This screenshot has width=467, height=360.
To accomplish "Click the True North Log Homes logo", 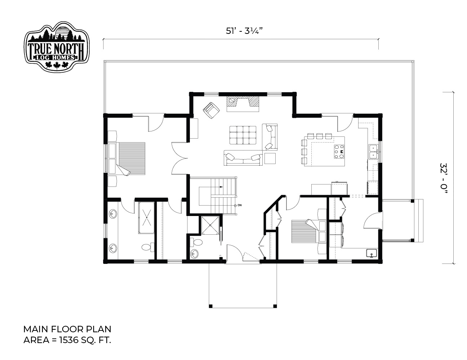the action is [57, 46].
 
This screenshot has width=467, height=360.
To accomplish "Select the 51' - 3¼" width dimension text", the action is [244, 31].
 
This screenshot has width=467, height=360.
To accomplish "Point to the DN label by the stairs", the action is [240, 205].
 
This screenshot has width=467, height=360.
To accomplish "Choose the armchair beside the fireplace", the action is [211, 110].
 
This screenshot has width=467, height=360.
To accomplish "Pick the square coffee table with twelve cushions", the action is [243, 135].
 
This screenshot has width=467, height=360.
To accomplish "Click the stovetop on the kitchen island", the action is [339, 152].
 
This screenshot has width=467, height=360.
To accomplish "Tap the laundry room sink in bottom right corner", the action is [372, 253].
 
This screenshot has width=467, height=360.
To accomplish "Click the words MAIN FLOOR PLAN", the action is [67, 329].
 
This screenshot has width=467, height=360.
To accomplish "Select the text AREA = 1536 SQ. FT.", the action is [67, 340].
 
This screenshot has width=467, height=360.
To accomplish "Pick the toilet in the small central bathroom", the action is [197, 243].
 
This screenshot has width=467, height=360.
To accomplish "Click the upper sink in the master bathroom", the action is [113, 214].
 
